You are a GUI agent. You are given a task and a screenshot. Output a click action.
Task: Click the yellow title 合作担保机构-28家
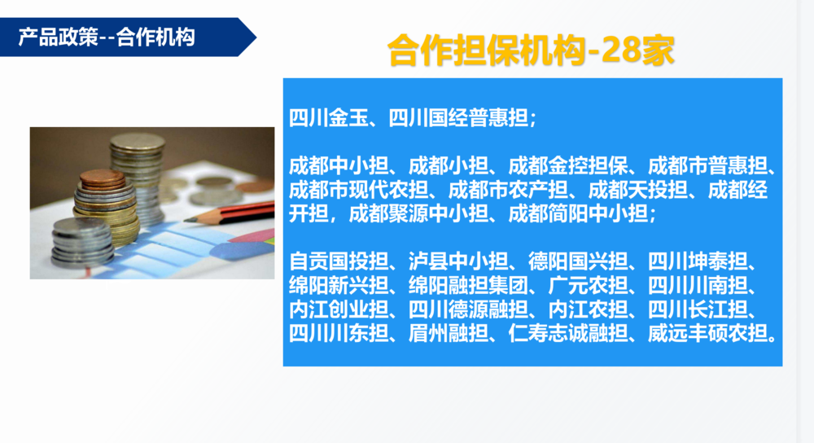coord(531,50)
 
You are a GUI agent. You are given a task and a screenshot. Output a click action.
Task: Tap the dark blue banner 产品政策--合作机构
coord(129,37)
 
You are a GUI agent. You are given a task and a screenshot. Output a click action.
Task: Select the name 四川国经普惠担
coord(458,118)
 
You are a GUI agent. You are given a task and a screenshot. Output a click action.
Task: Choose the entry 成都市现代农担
coord(359,190)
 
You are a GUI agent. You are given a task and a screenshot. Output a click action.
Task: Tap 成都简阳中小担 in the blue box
coord(578,214)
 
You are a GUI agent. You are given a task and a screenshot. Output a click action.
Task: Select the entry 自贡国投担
coord(339,261)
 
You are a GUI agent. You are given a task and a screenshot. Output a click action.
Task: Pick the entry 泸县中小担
coord(458,261)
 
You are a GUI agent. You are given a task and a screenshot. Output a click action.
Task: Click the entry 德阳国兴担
coord(578,261)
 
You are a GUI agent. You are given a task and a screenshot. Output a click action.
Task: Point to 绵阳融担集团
coord(468,285)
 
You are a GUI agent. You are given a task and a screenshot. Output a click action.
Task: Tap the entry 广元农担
coord(589,285)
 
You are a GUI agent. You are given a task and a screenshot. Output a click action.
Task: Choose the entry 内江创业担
coord(339,309)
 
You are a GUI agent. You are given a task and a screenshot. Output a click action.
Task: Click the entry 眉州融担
coord(449,333)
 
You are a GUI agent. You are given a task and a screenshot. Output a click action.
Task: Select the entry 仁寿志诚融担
coord(568,333)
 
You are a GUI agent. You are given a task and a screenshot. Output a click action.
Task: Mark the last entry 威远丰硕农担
coord(707,333)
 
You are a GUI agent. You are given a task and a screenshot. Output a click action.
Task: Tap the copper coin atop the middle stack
coord(103,177)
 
